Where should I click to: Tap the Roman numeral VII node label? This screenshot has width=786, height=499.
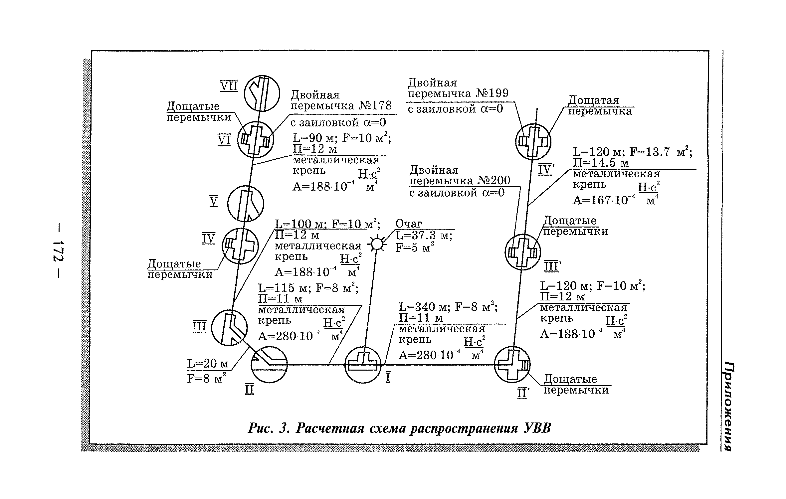click(x=230, y=86)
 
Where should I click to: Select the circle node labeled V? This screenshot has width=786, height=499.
click(x=246, y=204)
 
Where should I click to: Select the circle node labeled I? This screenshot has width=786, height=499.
click(x=363, y=365)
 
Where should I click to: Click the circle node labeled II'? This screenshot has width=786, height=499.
click(x=512, y=365)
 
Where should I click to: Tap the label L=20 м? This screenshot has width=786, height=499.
click(x=208, y=364)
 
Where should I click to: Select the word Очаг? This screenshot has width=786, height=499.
click(x=409, y=224)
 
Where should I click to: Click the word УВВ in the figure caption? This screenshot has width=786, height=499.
click(x=537, y=428)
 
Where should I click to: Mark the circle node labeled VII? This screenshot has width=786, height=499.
click(x=262, y=93)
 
